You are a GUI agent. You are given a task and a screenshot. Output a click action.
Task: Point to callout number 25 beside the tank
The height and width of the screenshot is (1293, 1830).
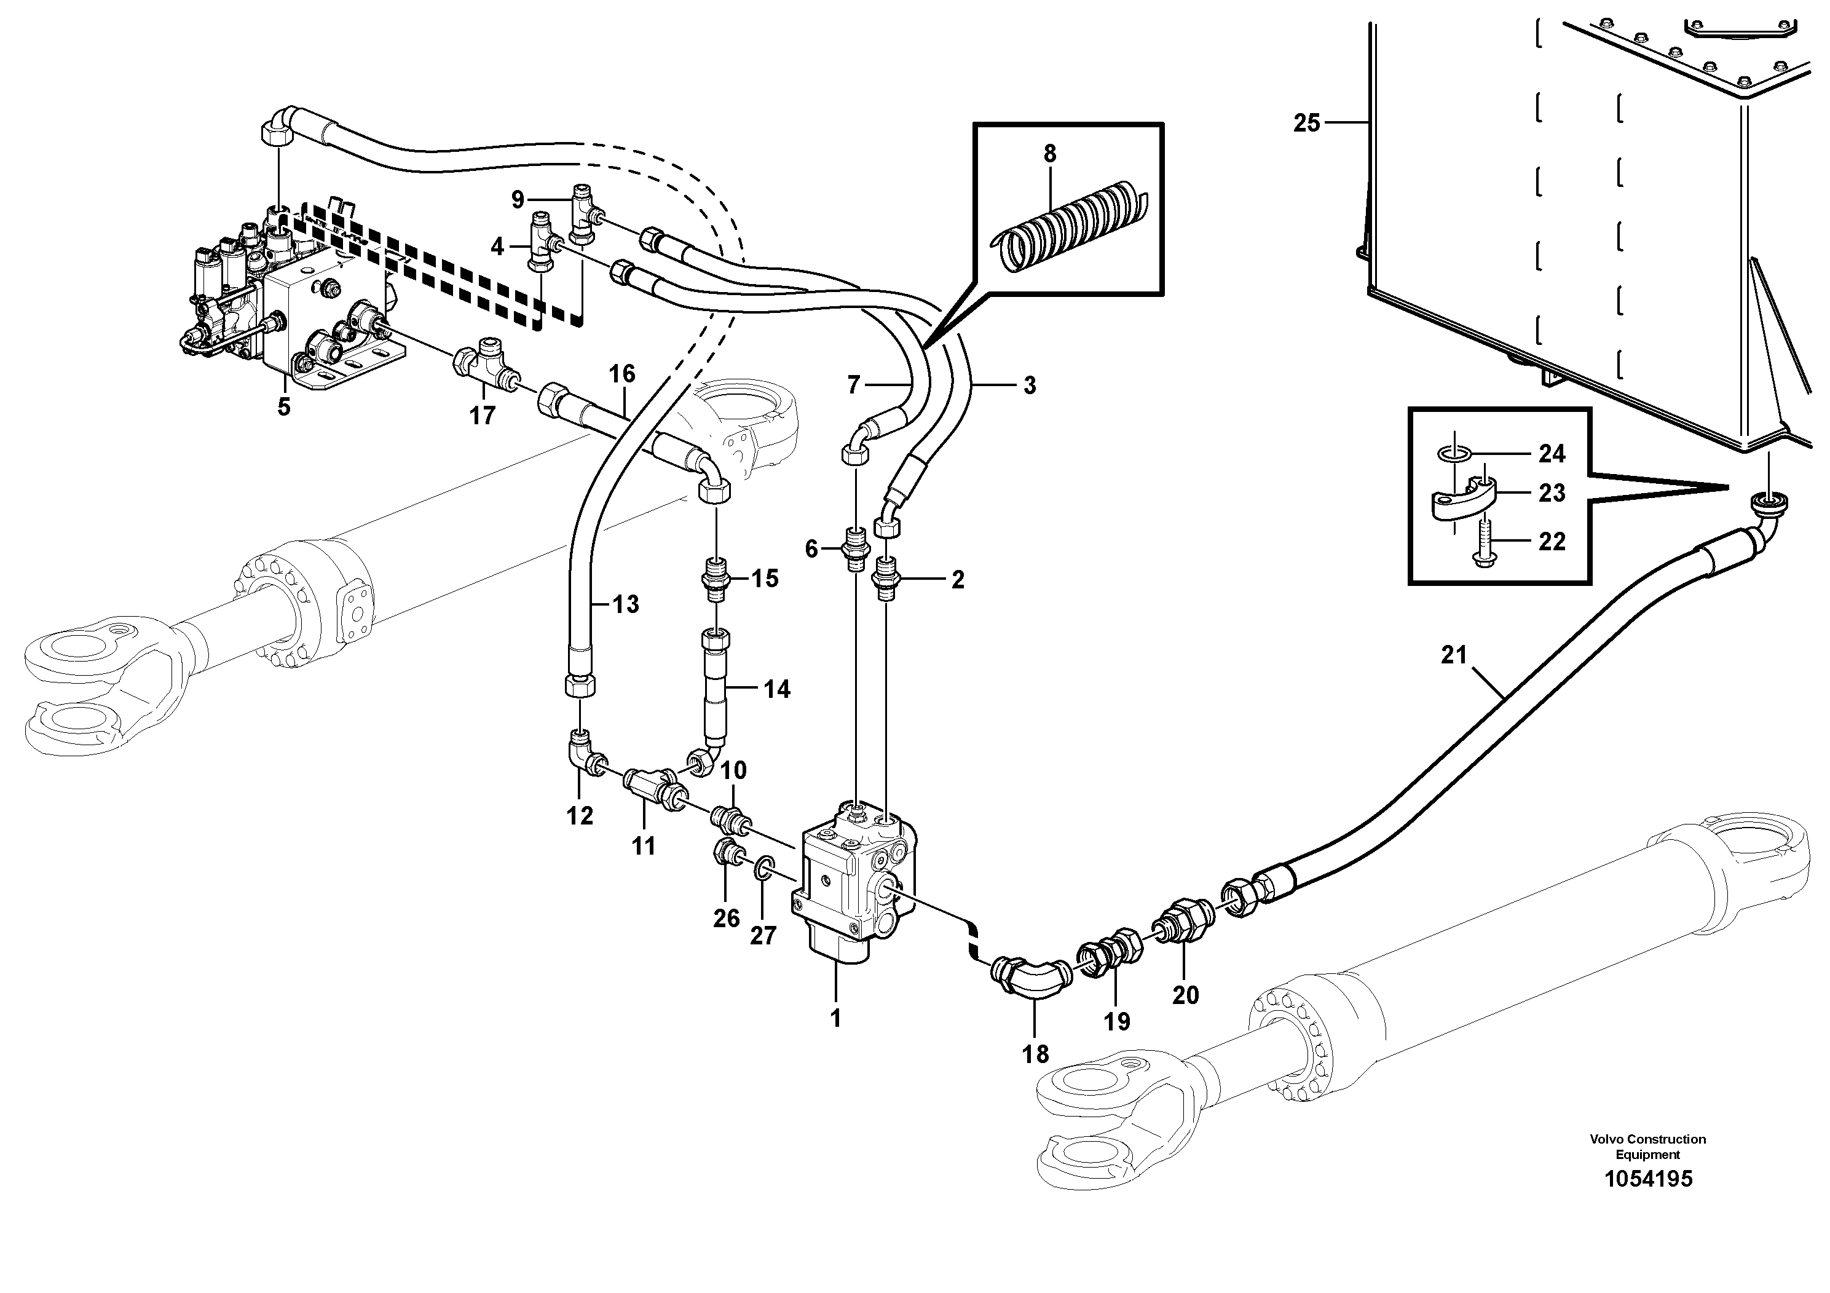point(1306,123)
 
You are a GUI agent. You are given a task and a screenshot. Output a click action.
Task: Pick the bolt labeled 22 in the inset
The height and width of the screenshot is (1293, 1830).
point(1483,542)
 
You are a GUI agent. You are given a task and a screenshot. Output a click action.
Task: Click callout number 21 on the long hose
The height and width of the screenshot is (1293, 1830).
point(1453,655)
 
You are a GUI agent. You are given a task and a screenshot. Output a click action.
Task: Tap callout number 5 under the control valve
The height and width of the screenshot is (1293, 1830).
point(284,406)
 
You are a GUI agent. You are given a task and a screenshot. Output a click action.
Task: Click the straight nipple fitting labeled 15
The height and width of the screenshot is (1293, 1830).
point(716,578)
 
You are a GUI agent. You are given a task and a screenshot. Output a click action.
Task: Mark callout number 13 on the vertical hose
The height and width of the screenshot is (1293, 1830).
point(626,604)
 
